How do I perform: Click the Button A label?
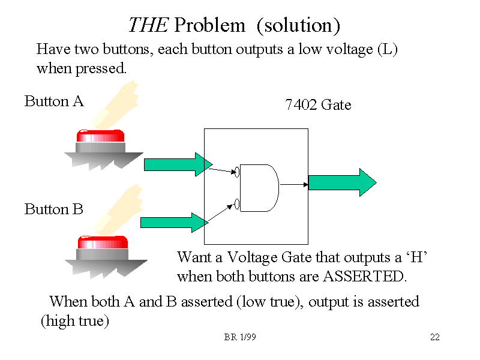click(54, 101)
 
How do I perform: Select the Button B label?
click(53, 209)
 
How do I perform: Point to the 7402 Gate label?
click(318, 105)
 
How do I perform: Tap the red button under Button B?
click(103, 242)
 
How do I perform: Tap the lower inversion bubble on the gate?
click(237, 204)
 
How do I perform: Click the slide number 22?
click(435, 337)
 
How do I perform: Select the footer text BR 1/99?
click(240, 337)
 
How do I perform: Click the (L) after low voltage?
click(388, 49)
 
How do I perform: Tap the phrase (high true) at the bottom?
click(75, 322)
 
